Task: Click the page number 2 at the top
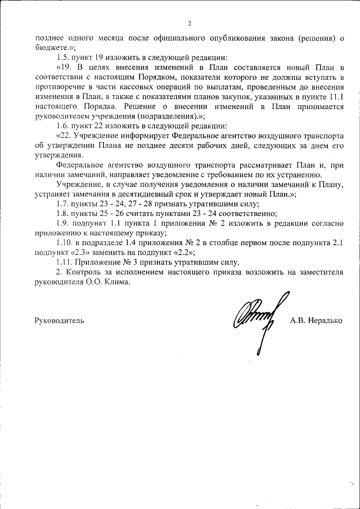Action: [190, 23]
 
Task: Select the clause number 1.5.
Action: [64, 57]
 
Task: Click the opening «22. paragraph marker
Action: [65, 136]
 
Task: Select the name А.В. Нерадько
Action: [316, 321]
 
